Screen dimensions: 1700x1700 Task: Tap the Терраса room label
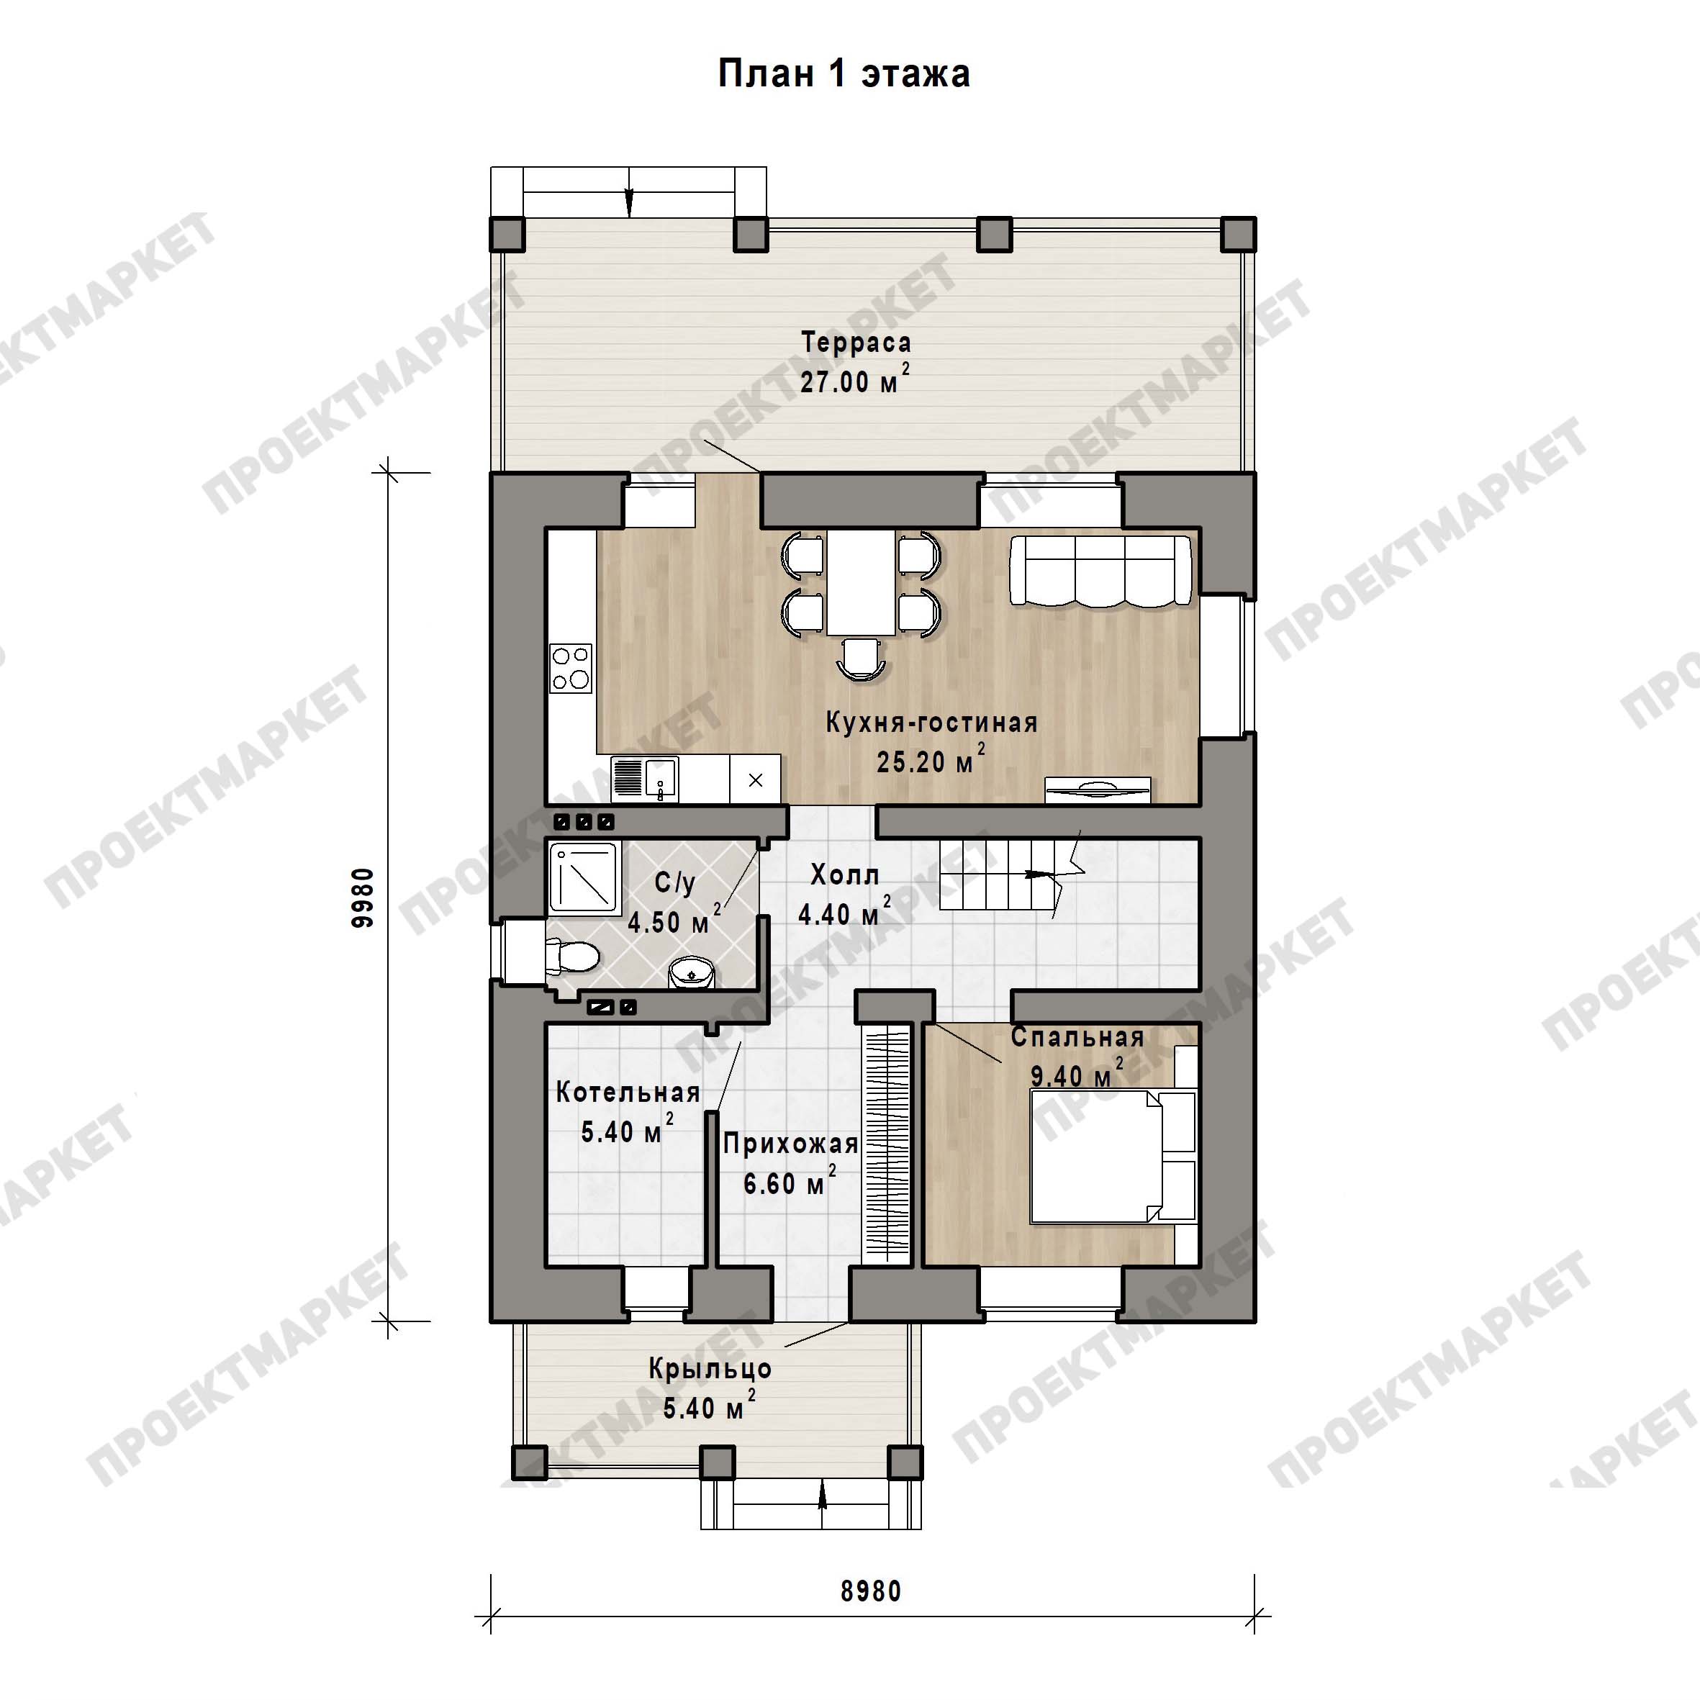coord(855,343)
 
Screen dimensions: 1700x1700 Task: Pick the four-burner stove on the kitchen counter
coord(571,668)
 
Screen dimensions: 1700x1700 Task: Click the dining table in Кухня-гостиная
coord(861,582)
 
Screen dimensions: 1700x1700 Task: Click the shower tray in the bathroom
coord(584,877)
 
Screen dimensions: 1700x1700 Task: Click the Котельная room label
coord(628,1093)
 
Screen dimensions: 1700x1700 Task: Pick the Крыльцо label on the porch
coord(710,1369)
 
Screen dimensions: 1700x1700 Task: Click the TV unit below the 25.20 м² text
coord(1098,790)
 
